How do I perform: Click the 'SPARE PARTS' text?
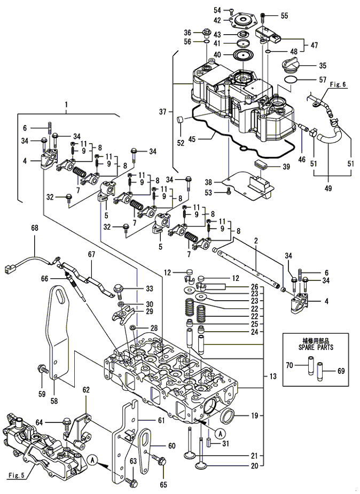[316, 347]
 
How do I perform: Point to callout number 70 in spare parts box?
[289, 365]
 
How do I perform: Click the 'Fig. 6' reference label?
[338, 84]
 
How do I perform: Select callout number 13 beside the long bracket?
[273, 376]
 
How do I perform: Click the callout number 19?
[254, 415]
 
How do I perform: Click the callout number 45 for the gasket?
[192, 139]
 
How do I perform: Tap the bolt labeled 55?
[262, 18]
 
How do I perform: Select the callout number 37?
[162, 111]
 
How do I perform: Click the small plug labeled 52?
[180, 121]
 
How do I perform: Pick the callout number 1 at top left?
[66, 104]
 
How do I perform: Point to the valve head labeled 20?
[201, 466]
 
